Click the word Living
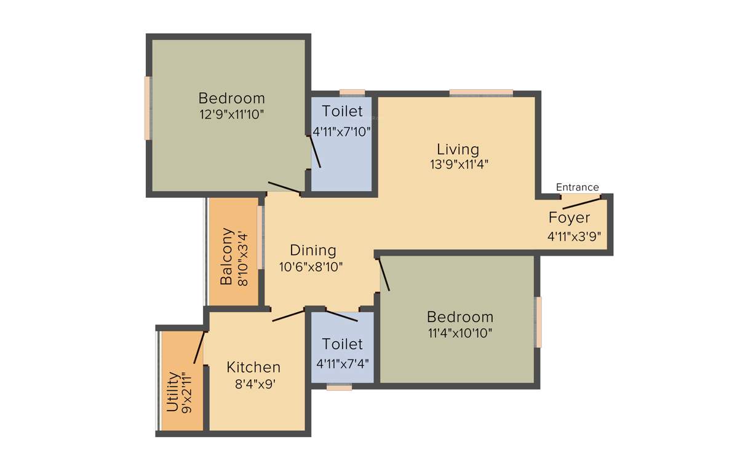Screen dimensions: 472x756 [x=458, y=149]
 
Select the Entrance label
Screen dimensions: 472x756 [x=577, y=187]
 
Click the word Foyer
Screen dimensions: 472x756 [x=569, y=218]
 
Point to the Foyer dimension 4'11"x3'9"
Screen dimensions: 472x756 [x=574, y=235]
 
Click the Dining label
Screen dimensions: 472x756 [x=313, y=251]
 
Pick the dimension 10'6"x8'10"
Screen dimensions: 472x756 [x=311, y=267]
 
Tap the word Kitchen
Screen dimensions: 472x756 [x=253, y=368]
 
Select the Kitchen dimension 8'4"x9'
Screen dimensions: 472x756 [x=253, y=384]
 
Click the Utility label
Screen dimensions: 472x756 [x=173, y=391]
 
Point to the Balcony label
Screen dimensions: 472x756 [x=226, y=257]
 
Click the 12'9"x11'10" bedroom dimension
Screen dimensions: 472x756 [x=232, y=114]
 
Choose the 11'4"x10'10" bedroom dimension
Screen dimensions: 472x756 [x=460, y=333]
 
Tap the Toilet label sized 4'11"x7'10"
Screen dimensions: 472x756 [x=342, y=112]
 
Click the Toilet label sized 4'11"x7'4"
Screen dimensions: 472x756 [x=342, y=344]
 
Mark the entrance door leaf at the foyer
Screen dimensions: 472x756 [x=581, y=204]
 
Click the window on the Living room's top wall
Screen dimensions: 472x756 [x=480, y=93]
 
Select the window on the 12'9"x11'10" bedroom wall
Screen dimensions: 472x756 [x=148, y=108]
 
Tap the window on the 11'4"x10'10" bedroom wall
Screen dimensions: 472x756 [x=538, y=322]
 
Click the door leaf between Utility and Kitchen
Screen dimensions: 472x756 [x=199, y=348]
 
